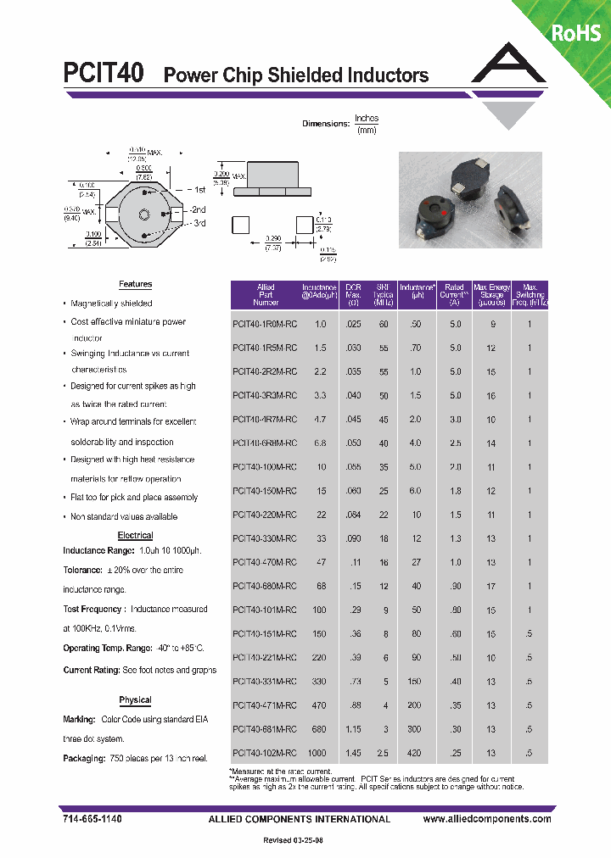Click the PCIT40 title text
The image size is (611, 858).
click(104, 74)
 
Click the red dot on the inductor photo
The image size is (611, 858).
click(442, 205)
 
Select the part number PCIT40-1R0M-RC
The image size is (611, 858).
click(265, 324)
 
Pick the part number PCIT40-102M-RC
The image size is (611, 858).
click(265, 753)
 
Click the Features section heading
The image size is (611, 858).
click(135, 285)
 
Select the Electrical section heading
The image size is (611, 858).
click(135, 536)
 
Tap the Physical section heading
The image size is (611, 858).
click(135, 700)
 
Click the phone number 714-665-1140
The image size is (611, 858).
click(92, 819)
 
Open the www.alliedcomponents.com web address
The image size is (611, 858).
click(487, 819)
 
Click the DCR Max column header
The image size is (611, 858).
click(354, 294)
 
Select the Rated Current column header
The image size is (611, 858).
click(455, 294)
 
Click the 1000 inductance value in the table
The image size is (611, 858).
click(316, 753)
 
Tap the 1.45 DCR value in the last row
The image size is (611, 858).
click(353, 753)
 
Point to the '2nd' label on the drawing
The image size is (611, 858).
click(198, 209)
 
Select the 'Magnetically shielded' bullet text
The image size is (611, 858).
click(111, 304)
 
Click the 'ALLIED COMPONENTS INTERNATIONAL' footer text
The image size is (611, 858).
click(299, 819)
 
